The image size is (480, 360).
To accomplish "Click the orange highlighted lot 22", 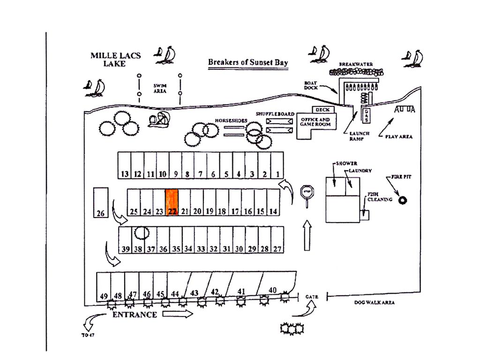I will coord(172,202).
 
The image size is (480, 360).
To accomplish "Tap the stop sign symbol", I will coord(307,192).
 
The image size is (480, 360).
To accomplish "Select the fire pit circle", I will coord(402,200).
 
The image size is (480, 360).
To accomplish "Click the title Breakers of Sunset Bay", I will coord(248,62).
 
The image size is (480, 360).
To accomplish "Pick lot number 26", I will coord(101,202).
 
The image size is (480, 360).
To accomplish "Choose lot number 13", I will coord(124,165).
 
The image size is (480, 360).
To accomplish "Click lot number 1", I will coord(277,165).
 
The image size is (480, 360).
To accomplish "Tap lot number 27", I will coord(277,240).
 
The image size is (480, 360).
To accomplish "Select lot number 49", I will coord(104,286).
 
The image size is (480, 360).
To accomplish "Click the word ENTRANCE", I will coord(135,315).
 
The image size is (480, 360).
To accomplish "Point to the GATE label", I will coord(312,297).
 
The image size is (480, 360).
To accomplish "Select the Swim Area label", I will coord(160,88).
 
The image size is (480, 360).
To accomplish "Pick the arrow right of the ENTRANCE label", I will coord(178,314).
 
